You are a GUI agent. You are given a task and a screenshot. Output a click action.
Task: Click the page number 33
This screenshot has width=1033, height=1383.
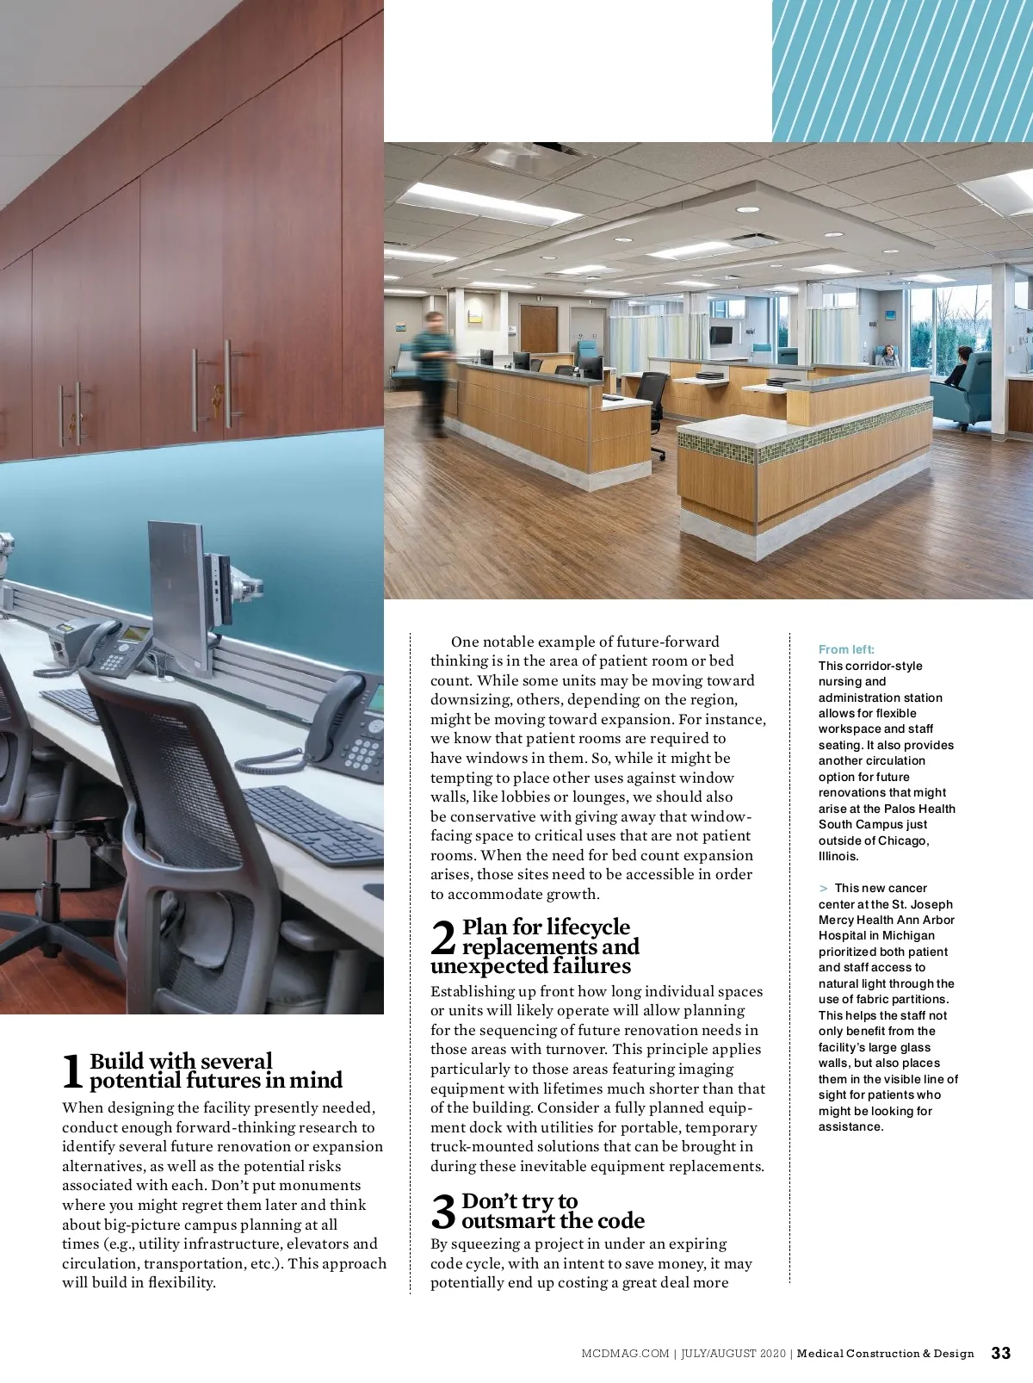click(1001, 1353)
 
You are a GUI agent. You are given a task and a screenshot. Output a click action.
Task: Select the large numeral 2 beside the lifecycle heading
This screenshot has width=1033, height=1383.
click(442, 938)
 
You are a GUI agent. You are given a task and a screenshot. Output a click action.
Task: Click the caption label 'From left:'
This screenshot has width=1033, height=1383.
click(846, 649)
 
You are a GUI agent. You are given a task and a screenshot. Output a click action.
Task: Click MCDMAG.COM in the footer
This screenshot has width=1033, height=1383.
click(624, 1354)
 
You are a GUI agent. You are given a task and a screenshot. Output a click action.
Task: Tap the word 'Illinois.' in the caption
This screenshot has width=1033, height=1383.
click(838, 856)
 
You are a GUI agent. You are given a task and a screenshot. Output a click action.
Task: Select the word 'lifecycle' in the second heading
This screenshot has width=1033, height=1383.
click(589, 927)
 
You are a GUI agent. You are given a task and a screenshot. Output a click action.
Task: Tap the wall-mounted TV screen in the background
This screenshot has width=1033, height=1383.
click(721, 335)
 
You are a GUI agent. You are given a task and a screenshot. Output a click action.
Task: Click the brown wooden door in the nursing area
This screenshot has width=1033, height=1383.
click(539, 330)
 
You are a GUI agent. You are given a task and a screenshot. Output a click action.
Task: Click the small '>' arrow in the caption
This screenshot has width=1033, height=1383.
click(824, 888)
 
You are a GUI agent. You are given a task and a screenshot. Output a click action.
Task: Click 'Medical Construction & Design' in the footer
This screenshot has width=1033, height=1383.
click(885, 1354)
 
